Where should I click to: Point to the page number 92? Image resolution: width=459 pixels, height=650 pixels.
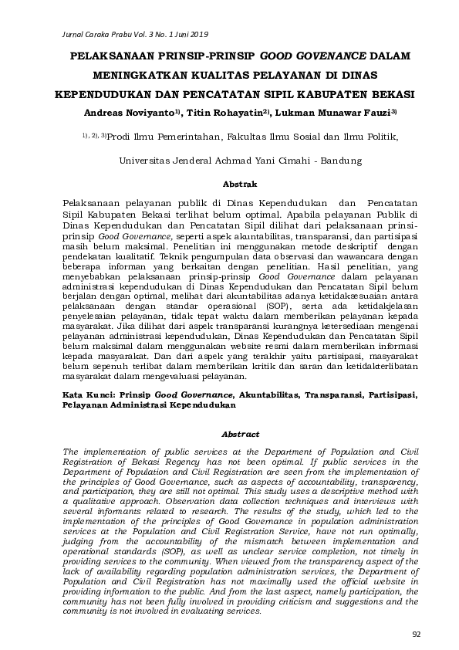[417, 634]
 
